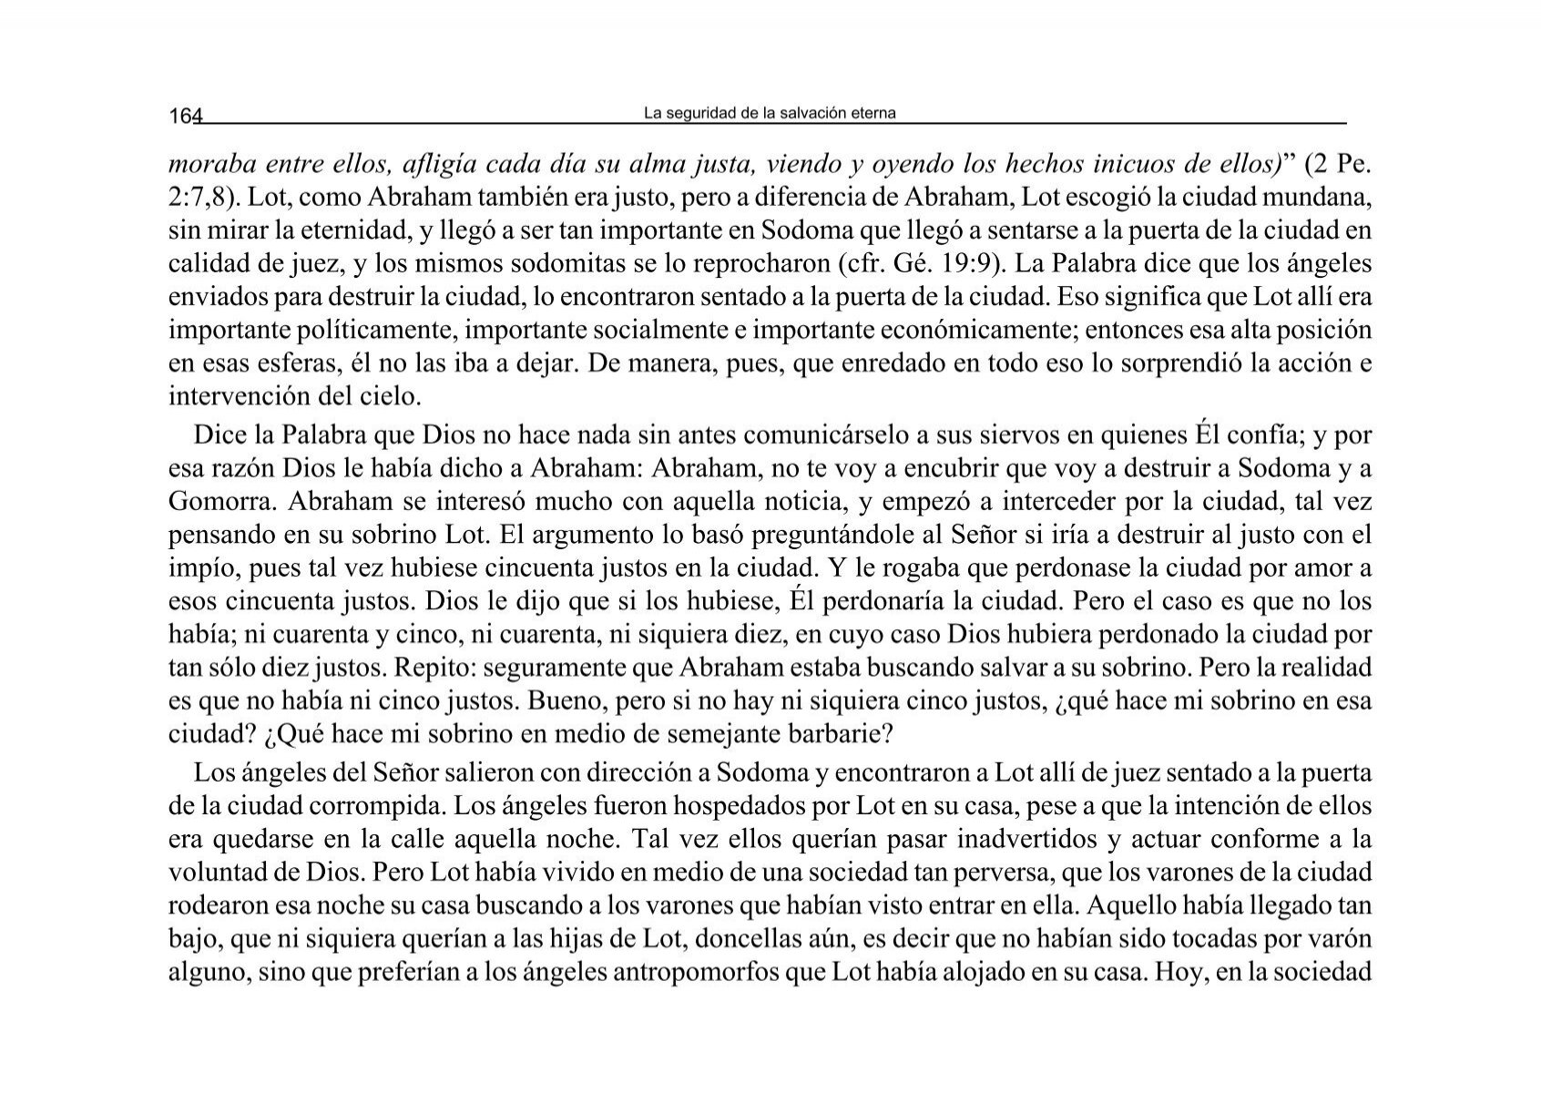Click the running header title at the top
click(770, 114)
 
